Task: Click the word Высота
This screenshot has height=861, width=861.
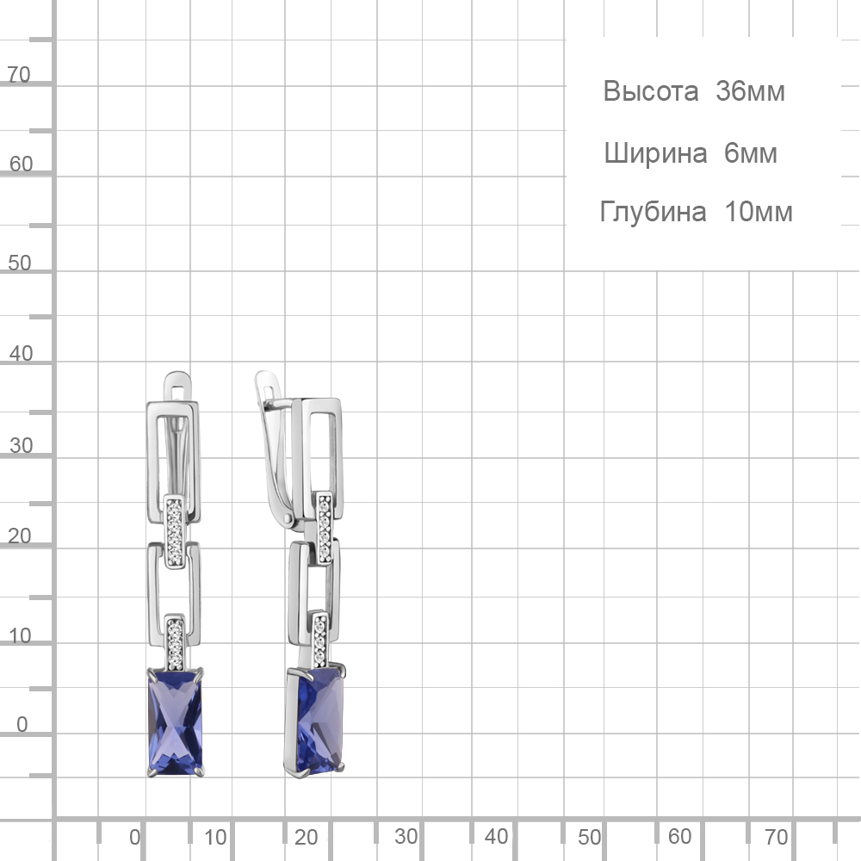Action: point(651,91)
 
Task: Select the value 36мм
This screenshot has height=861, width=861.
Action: point(750,91)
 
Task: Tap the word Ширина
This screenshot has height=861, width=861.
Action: point(655,153)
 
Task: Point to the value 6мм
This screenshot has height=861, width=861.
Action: point(751,153)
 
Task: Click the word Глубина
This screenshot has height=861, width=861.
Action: point(653,212)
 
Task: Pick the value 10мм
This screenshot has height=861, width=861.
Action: point(759,212)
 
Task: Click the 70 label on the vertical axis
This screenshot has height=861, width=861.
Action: point(19,75)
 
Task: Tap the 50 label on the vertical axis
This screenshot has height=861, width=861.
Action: point(20,263)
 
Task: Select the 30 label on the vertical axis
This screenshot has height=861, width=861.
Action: point(22,445)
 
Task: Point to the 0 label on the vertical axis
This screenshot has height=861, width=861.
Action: point(22,724)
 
